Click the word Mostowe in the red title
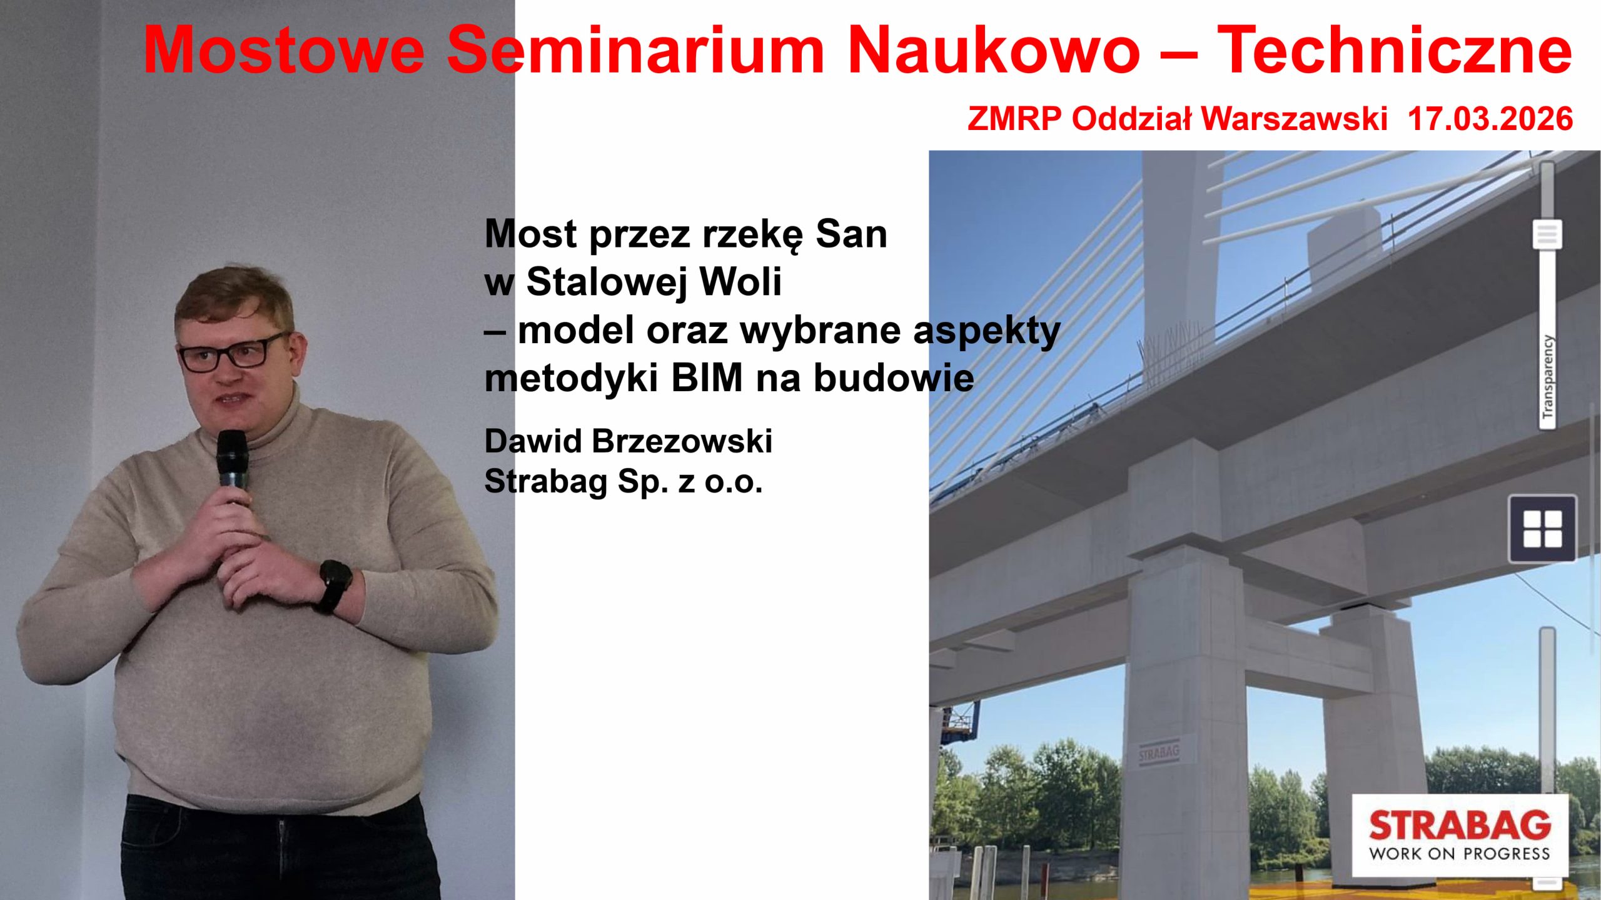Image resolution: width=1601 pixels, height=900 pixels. pos(285,50)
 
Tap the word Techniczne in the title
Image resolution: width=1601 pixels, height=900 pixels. pos(1395,50)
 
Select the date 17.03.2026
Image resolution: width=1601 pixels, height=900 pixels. pos(1490,119)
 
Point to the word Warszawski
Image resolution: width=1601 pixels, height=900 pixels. pos(1294,119)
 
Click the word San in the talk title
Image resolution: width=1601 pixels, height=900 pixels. pos(851,234)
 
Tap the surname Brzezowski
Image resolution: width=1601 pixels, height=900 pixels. pos(682,441)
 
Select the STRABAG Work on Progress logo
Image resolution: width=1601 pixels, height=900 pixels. pos(1460,835)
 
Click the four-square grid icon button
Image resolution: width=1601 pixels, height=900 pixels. pos(1542,529)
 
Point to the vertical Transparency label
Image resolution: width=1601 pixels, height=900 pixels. pos(1547,377)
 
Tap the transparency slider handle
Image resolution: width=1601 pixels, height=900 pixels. pos(1547,234)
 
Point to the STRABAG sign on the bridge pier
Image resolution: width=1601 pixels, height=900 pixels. pos(1158,752)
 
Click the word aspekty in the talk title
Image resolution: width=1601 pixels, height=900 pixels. pos(987,331)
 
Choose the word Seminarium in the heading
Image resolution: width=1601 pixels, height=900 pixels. pos(636,50)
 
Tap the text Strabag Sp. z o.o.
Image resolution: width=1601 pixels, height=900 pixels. pos(624,481)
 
